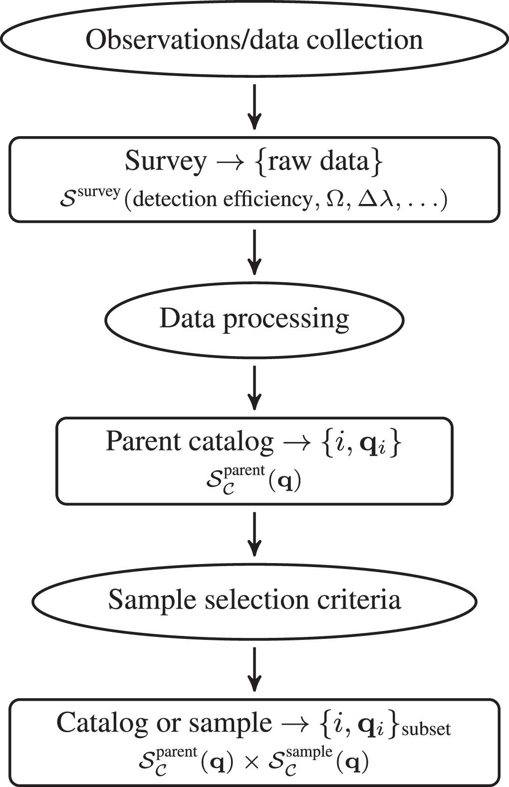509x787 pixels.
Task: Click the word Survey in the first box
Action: pos(165,162)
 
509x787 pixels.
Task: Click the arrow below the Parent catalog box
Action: pos(254,533)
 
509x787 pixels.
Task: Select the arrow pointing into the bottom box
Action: pos(254,668)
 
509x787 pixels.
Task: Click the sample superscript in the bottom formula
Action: pos(309,753)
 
